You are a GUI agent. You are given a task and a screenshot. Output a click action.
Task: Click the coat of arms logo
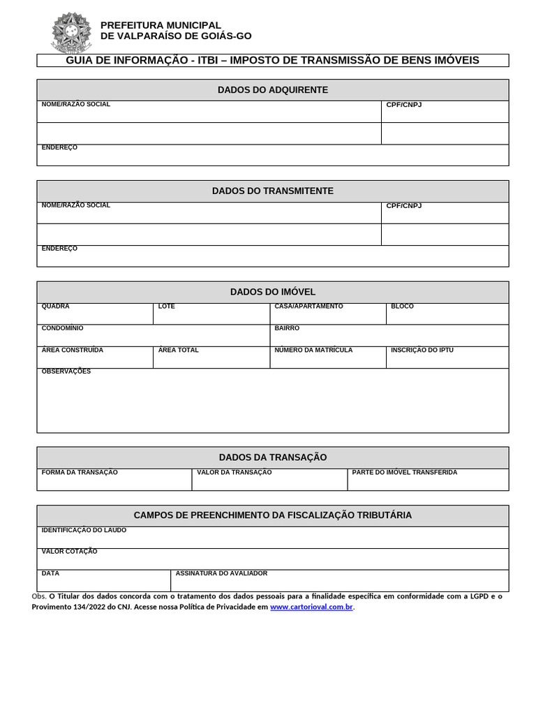71,32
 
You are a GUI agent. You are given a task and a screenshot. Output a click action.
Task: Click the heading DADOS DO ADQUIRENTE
272,90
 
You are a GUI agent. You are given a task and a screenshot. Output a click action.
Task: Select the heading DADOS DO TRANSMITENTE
272,191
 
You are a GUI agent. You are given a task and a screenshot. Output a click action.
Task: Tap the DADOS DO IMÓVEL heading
272,292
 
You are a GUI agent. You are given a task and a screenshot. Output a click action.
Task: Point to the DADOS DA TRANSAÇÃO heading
272,457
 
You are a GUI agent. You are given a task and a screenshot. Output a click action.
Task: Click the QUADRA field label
56,307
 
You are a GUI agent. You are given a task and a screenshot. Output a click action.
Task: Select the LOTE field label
167,307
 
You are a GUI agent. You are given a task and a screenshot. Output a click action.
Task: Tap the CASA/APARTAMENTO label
308,307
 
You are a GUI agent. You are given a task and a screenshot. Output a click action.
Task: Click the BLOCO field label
402,307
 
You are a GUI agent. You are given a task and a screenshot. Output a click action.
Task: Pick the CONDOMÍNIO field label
63,328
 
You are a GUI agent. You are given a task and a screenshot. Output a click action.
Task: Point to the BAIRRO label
287,328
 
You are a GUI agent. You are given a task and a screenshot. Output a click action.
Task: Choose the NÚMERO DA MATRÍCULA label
313,350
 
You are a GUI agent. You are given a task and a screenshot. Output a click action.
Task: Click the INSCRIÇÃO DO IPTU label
422,350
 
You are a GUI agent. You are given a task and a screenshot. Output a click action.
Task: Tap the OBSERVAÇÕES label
66,371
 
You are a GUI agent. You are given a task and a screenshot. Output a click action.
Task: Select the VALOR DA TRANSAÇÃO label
234,473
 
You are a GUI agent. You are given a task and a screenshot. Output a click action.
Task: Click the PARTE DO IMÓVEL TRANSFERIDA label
405,473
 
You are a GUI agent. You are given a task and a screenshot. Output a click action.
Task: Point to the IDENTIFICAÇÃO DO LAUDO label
84,530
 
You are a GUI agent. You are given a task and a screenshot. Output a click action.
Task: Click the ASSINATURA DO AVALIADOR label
221,573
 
